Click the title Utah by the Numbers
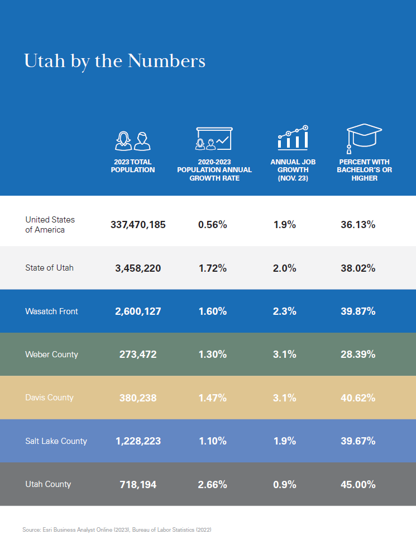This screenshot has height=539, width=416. click(x=114, y=62)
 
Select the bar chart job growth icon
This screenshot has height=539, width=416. click(x=293, y=138)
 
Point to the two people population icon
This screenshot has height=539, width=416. click(x=132, y=141)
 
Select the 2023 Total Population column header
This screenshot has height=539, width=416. click(x=133, y=166)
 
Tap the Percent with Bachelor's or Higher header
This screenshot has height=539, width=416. click(x=364, y=170)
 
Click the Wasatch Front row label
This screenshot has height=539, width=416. click(x=51, y=311)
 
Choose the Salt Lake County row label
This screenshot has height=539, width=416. click(x=56, y=441)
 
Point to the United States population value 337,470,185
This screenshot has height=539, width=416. click(x=138, y=225)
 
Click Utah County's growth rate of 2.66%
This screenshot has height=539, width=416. click(x=212, y=485)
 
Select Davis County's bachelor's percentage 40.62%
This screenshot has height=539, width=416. click(x=358, y=398)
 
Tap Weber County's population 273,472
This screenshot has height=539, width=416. click(x=138, y=354)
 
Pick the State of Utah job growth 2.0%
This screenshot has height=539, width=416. click(x=285, y=268)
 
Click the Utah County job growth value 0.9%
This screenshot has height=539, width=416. click(x=285, y=485)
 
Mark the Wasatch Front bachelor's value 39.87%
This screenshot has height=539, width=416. click(x=358, y=311)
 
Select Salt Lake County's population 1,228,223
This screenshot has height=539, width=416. click(x=138, y=441)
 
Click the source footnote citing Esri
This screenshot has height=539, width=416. click(x=117, y=529)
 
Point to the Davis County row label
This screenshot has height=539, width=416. click(x=50, y=398)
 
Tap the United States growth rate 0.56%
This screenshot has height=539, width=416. click(x=212, y=225)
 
